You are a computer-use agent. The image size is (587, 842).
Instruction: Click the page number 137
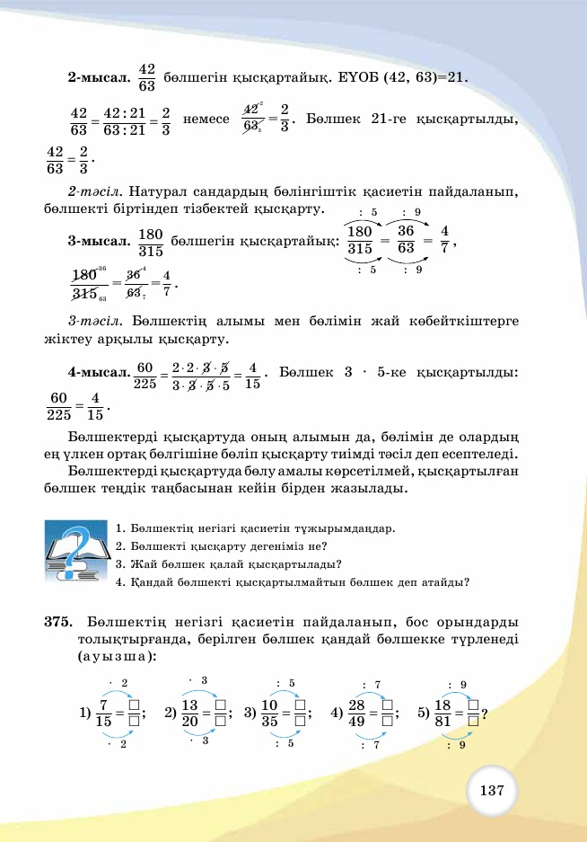(491, 791)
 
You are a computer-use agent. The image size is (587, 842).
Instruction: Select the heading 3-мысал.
(98, 242)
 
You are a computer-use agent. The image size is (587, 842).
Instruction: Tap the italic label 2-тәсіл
(95, 191)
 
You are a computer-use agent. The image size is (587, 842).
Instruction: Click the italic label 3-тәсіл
(95, 320)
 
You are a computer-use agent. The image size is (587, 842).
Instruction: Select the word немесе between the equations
(206, 119)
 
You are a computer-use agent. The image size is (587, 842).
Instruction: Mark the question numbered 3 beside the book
(228, 564)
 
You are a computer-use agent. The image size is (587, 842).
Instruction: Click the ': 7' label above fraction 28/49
(371, 685)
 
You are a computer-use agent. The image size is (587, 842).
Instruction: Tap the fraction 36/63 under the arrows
(406, 240)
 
